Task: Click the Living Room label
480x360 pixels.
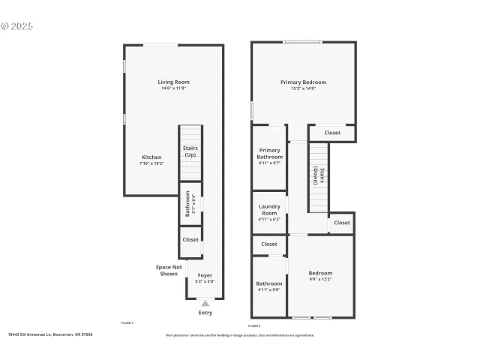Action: click(x=173, y=82)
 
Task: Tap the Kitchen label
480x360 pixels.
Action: click(x=151, y=157)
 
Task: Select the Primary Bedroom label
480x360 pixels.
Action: click(x=303, y=82)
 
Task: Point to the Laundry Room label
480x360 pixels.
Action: click(x=268, y=209)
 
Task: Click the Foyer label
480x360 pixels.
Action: click(x=205, y=275)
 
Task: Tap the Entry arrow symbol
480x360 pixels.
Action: click(x=205, y=303)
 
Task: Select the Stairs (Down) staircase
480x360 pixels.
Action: click(x=319, y=177)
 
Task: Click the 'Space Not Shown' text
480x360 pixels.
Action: click(x=169, y=270)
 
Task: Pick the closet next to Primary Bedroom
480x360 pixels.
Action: click(x=332, y=133)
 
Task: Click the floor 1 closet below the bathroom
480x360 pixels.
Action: click(x=190, y=240)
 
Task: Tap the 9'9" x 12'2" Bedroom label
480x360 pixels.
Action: click(x=320, y=273)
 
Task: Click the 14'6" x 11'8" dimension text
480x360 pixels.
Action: click(x=173, y=88)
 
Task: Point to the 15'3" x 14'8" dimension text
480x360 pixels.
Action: click(x=303, y=88)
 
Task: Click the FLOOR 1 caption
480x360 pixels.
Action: click(x=127, y=322)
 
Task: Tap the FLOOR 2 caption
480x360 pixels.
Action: click(x=254, y=326)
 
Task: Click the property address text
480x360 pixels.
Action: click(x=50, y=335)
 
